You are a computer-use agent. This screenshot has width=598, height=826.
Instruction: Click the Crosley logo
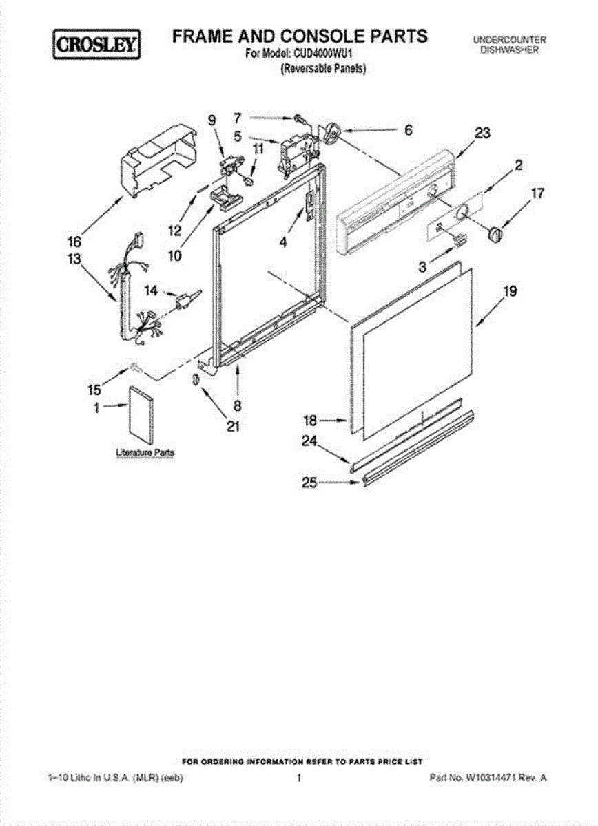(97, 45)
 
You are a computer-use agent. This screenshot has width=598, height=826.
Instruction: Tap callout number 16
(74, 242)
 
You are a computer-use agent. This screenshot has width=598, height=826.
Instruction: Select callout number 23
(482, 135)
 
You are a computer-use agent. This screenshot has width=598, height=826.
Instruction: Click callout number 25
(309, 483)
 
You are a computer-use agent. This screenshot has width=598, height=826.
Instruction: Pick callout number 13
(74, 260)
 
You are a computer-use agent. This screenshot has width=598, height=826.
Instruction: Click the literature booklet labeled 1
(143, 416)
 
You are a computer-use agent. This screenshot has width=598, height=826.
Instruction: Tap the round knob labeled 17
(495, 234)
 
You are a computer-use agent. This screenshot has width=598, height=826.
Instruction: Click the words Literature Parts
(145, 453)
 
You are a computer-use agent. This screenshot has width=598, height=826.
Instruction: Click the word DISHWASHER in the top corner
(510, 51)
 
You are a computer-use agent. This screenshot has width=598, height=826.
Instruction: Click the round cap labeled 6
(334, 132)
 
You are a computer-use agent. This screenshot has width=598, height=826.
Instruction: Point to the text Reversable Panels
(322, 68)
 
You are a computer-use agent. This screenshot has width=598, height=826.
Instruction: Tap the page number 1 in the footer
(299, 777)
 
